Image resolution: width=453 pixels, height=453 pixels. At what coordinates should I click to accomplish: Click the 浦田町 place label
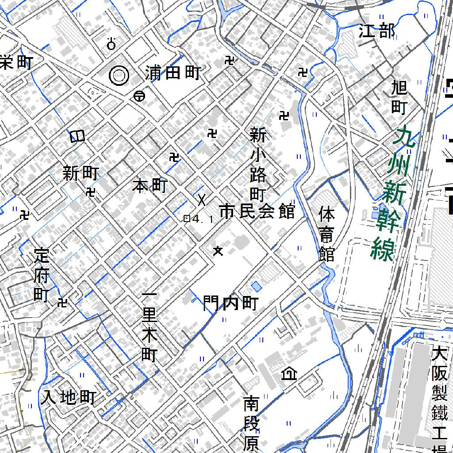173,73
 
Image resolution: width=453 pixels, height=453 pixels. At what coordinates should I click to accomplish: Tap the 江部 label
376,31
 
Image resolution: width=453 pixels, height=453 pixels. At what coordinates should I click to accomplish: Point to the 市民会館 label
257,212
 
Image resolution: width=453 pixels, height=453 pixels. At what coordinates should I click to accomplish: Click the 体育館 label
327,234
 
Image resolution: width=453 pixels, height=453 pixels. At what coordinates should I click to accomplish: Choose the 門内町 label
230,303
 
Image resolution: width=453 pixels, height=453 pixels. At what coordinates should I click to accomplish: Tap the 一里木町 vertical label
150,327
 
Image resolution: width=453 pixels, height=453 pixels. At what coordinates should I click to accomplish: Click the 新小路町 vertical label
258,164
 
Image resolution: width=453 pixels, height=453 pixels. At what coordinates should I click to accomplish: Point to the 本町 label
150,186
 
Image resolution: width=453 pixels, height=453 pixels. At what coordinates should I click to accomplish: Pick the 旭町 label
399,97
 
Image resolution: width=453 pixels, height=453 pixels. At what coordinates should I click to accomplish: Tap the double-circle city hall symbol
119,76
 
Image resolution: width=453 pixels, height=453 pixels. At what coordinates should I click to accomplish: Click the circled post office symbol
139,96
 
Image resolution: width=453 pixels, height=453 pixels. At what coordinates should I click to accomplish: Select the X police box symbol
202,200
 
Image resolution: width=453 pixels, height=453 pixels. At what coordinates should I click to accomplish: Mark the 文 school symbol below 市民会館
217,251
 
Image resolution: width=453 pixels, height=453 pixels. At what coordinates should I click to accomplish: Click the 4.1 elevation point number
204,219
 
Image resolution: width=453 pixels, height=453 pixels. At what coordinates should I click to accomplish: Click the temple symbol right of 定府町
62,303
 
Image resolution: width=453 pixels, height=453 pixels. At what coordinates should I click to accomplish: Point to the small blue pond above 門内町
256,286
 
